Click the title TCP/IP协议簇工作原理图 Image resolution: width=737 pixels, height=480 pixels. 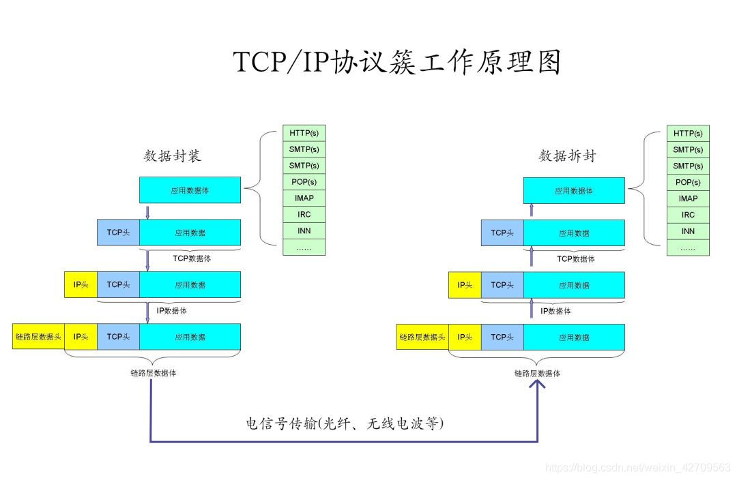(x=397, y=62)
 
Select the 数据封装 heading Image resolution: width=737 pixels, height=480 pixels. (x=173, y=156)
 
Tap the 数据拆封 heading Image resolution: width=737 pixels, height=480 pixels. (x=567, y=156)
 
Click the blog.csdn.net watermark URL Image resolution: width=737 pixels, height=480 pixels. (x=639, y=467)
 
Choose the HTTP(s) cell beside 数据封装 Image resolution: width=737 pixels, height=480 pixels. (x=304, y=133)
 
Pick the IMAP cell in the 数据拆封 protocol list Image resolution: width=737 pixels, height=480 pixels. (x=688, y=198)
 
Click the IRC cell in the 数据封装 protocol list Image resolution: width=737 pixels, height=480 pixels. (x=304, y=215)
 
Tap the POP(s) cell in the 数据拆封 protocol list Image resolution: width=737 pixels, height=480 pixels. (x=688, y=182)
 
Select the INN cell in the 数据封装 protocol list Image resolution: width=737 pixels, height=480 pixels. (x=304, y=231)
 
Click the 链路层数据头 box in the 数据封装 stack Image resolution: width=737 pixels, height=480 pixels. (x=39, y=337)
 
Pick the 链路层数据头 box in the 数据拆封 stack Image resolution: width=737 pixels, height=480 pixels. (x=422, y=337)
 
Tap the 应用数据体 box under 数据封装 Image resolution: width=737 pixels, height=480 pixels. (x=190, y=190)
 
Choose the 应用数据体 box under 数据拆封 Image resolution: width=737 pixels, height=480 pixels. (x=574, y=191)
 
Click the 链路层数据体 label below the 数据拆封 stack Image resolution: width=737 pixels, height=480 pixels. (x=538, y=374)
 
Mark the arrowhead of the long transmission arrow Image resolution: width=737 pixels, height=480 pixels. (x=538, y=386)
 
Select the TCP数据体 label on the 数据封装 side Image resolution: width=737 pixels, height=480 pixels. (x=192, y=258)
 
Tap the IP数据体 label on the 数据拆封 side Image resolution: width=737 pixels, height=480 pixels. (x=555, y=311)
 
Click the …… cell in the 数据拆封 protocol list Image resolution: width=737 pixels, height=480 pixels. (x=688, y=248)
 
